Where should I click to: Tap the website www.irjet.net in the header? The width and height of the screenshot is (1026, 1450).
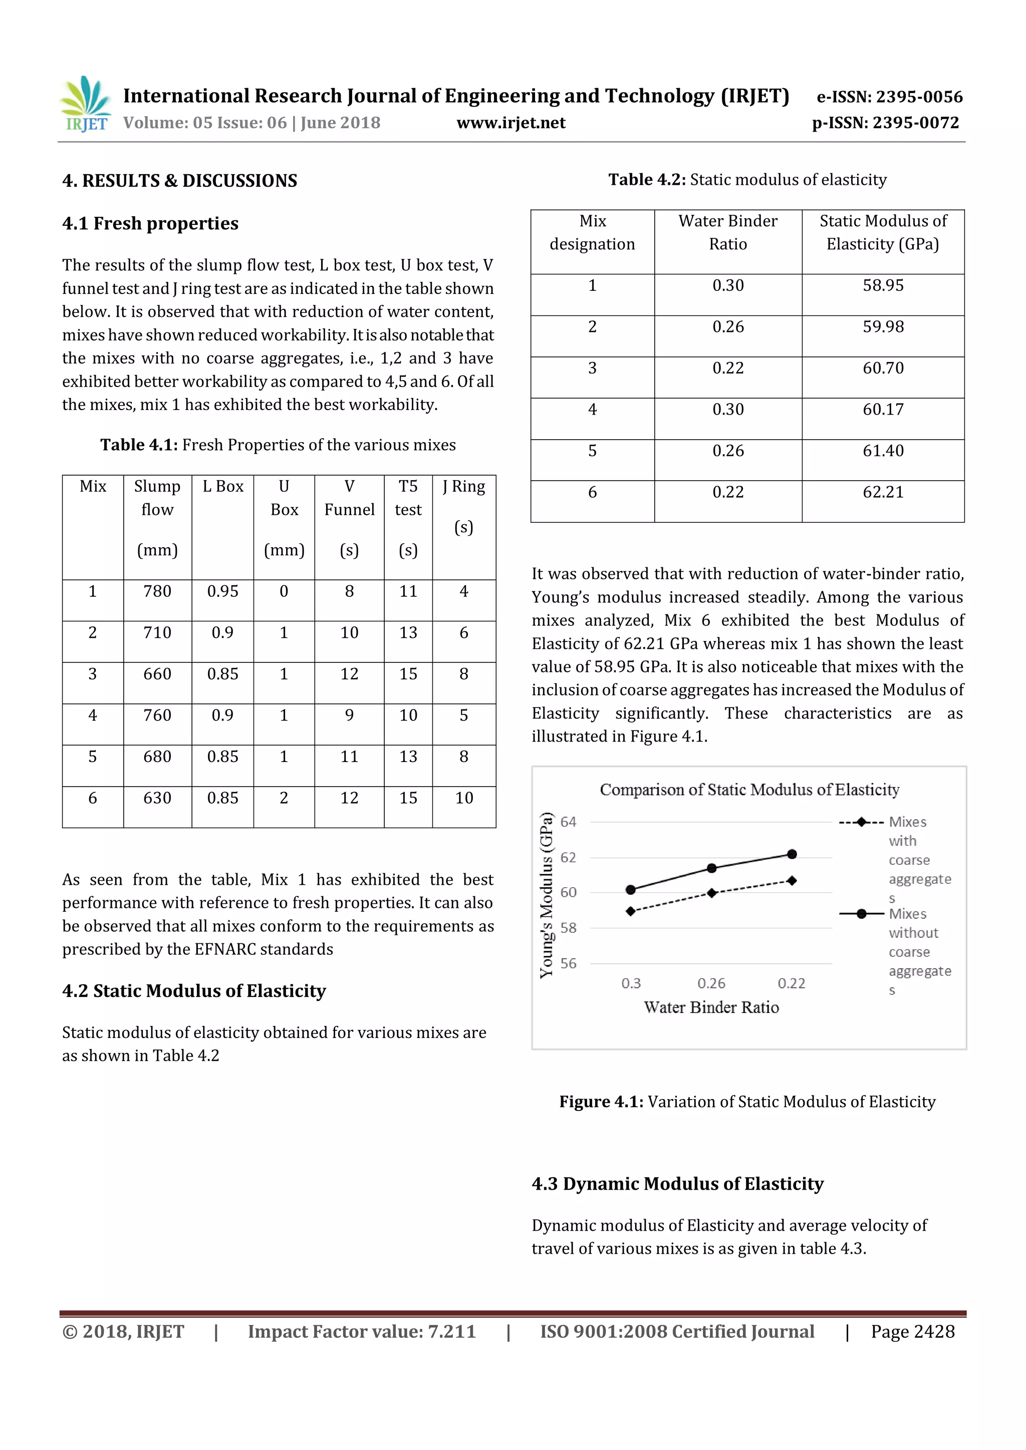[x=510, y=123]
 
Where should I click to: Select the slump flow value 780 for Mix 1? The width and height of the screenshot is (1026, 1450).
[x=157, y=591]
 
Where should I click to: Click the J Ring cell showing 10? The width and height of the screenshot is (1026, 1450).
[x=464, y=798]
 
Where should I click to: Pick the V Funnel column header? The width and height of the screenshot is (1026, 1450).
[x=349, y=498]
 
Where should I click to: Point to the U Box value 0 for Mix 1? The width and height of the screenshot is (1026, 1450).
[x=284, y=591]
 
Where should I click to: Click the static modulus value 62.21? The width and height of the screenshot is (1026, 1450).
[x=883, y=492]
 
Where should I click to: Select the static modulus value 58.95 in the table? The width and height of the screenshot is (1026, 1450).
[x=883, y=285]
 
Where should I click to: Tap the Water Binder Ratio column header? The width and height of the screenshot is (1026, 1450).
[x=728, y=232]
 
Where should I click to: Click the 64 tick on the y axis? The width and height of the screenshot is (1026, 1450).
[x=568, y=822]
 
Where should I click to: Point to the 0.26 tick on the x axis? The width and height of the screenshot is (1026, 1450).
[x=711, y=983]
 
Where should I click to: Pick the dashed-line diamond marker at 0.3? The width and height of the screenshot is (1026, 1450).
[x=631, y=911]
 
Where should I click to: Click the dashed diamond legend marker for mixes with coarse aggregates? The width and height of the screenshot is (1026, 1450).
[x=861, y=822]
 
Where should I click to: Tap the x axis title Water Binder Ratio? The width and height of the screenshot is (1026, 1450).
[x=711, y=1007]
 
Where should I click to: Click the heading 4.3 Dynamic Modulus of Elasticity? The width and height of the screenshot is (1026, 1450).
[x=677, y=1184]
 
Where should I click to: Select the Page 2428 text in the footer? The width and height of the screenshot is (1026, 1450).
[x=912, y=1331]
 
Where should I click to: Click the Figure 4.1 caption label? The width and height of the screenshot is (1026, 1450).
[x=601, y=1102]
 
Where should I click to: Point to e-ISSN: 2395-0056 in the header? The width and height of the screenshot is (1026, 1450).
[x=889, y=97]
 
